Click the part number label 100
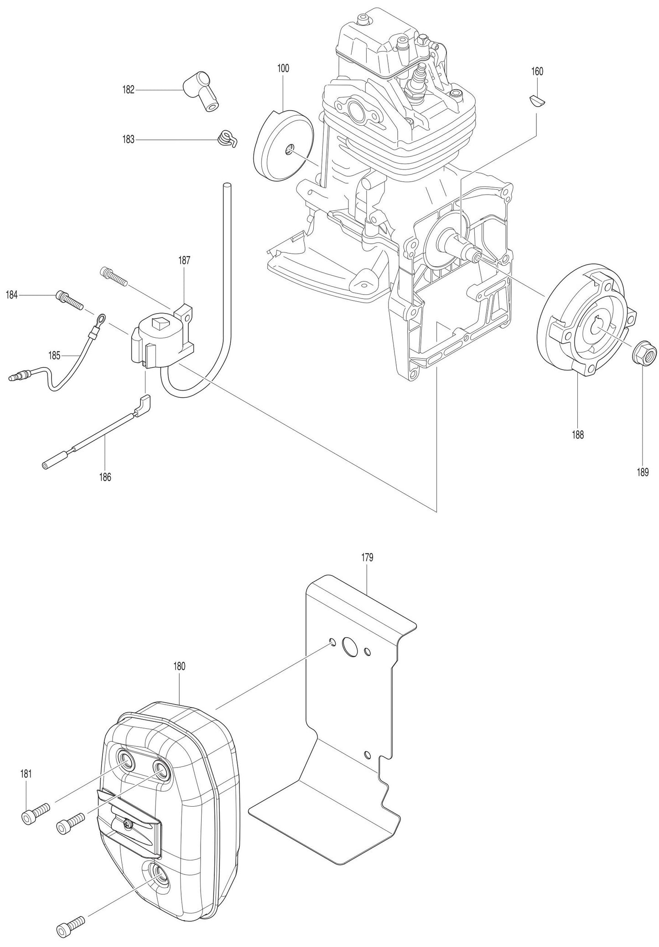tap(283, 69)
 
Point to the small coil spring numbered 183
tap(226, 138)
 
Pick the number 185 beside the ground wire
tap(54, 355)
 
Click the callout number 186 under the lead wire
tap(105, 477)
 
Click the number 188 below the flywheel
tap(578, 434)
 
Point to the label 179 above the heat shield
tap(367, 557)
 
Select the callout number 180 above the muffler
tap(179, 666)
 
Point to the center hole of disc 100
tap(288, 149)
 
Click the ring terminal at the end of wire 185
tap(101, 318)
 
